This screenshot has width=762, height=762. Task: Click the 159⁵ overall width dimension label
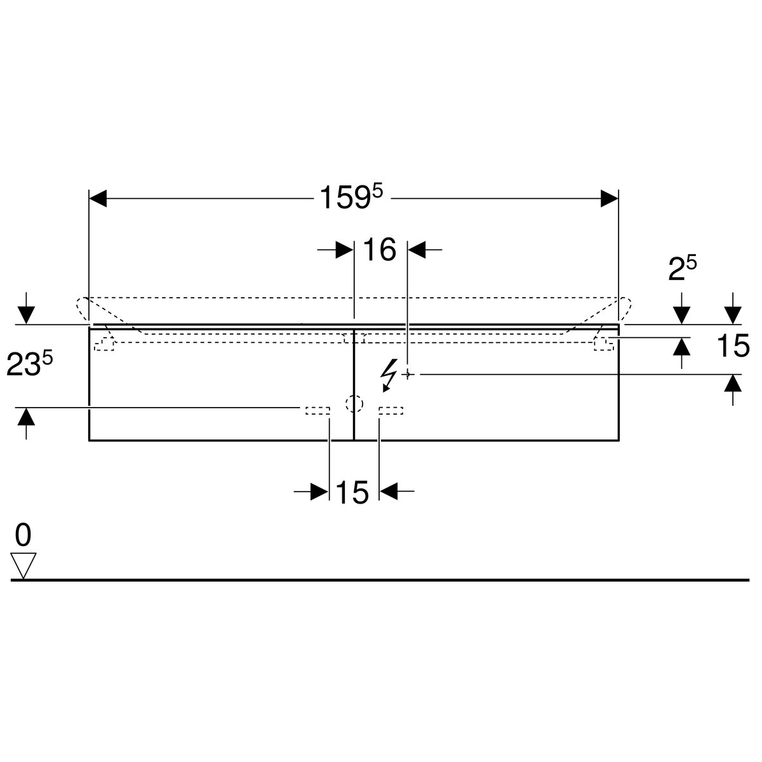tap(351, 197)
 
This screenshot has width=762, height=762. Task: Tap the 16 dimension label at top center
tap(379, 250)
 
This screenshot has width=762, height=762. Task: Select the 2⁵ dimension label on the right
tap(682, 269)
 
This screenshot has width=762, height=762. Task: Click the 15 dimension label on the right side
tap(733, 345)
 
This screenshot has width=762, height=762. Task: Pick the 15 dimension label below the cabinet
tap(352, 493)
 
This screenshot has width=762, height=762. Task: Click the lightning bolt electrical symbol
tap(389, 375)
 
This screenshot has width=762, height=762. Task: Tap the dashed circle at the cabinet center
tap(354, 404)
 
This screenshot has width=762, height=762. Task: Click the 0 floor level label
tap(23, 535)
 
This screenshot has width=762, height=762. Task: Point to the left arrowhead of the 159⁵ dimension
tap(98, 198)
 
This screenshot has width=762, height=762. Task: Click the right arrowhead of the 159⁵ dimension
tap(609, 198)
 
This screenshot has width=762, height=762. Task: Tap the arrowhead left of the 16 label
tap(344, 250)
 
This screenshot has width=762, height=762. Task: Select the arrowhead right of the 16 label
tap(417, 250)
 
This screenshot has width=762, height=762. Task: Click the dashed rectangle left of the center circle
tap(317, 410)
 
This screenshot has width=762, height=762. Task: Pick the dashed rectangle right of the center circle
tap(391, 410)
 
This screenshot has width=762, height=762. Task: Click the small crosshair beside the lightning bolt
tap(408, 373)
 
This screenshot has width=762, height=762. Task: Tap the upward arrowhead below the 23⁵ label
tap(26, 417)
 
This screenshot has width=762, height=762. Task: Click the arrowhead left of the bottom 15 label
tap(319, 491)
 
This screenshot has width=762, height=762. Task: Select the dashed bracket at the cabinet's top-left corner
tap(104, 344)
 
